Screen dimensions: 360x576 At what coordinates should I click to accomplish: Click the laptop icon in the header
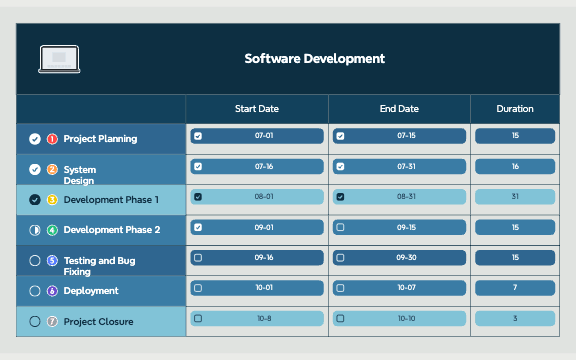(x=59, y=59)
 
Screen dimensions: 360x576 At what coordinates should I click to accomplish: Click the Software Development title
(x=314, y=59)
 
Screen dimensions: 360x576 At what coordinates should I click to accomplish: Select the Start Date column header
(x=257, y=109)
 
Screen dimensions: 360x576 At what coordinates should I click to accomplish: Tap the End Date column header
(x=399, y=109)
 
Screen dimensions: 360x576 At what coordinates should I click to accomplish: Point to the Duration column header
(x=515, y=109)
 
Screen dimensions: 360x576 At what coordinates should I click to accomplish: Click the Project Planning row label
(x=100, y=139)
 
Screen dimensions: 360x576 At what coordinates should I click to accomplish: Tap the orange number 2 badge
(x=52, y=169)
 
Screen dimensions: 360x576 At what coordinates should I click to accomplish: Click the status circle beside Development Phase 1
(x=35, y=200)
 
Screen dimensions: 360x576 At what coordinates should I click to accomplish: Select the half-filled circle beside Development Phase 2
(x=35, y=230)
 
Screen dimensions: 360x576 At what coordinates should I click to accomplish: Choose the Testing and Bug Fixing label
(x=99, y=266)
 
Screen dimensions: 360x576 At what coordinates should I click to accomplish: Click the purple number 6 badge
(x=52, y=291)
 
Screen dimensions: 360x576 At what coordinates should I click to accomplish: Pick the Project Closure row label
(x=98, y=322)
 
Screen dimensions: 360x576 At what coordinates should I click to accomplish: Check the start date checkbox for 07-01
(x=198, y=136)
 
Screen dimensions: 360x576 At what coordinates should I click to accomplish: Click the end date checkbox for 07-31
(x=340, y=166)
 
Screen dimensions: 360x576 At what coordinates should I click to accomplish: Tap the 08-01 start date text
(x=264, y=197)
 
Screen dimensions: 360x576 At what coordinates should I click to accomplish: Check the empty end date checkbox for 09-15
(x=340, y=227)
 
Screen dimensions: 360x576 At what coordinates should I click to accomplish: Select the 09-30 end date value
(x=406, y=258)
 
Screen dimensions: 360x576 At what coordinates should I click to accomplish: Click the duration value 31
(x=515, y=197)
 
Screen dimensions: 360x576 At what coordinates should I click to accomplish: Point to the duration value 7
(x=515, y=288)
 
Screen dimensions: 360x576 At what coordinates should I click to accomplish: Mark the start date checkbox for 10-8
(x=198, y=319)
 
